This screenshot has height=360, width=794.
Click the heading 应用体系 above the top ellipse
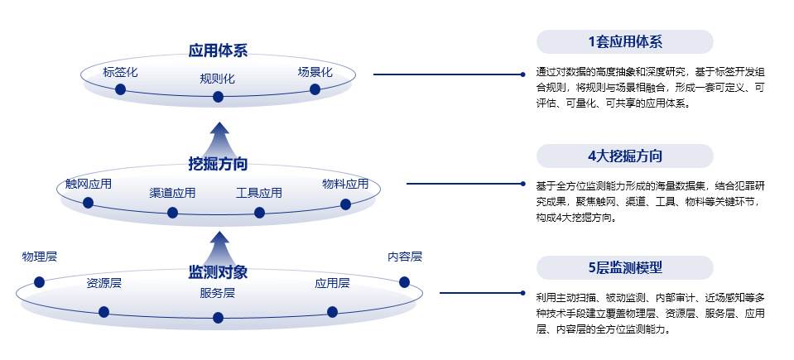pyautogui.click(x=218, y=50)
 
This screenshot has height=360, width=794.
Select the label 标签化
pyautogui.click(x=120, y=72)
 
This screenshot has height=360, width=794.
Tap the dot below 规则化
pyautogui.click(x=219, y=97)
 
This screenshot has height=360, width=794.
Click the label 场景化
pyautogui.click(x=315, y=72)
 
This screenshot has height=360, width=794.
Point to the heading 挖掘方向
pyautogui.click(x=218, y=163)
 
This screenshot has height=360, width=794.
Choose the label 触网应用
pyautogui.click(x=89, y=184)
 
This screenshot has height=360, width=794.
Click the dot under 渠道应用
pyautogui.click(x=172, y=213)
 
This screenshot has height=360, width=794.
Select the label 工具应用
pyautogui.click(x=259, y=193)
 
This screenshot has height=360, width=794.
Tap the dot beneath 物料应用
pyautogui.click(x=345, y=204)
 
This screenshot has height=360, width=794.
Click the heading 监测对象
pyautogui.click(x=218, y=272)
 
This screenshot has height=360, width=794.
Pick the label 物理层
pyautogui.click(x=40, y=257)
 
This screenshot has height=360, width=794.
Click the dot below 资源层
pyautogui.click(x=103, y=312)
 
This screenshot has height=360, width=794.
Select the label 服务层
pyautogui.click(x=218, y=293)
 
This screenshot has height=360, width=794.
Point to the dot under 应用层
pyautogui.click(x=332, y=312)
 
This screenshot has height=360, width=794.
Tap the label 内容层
pyautogui.click(x=405, y=257)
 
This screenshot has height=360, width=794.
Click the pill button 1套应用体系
pyautogui.click(x=624, y=42)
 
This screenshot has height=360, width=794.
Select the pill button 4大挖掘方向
pyautogui.click(x=624, y=156)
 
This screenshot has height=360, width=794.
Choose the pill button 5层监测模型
pyautogui.click(x=624, y=267)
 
